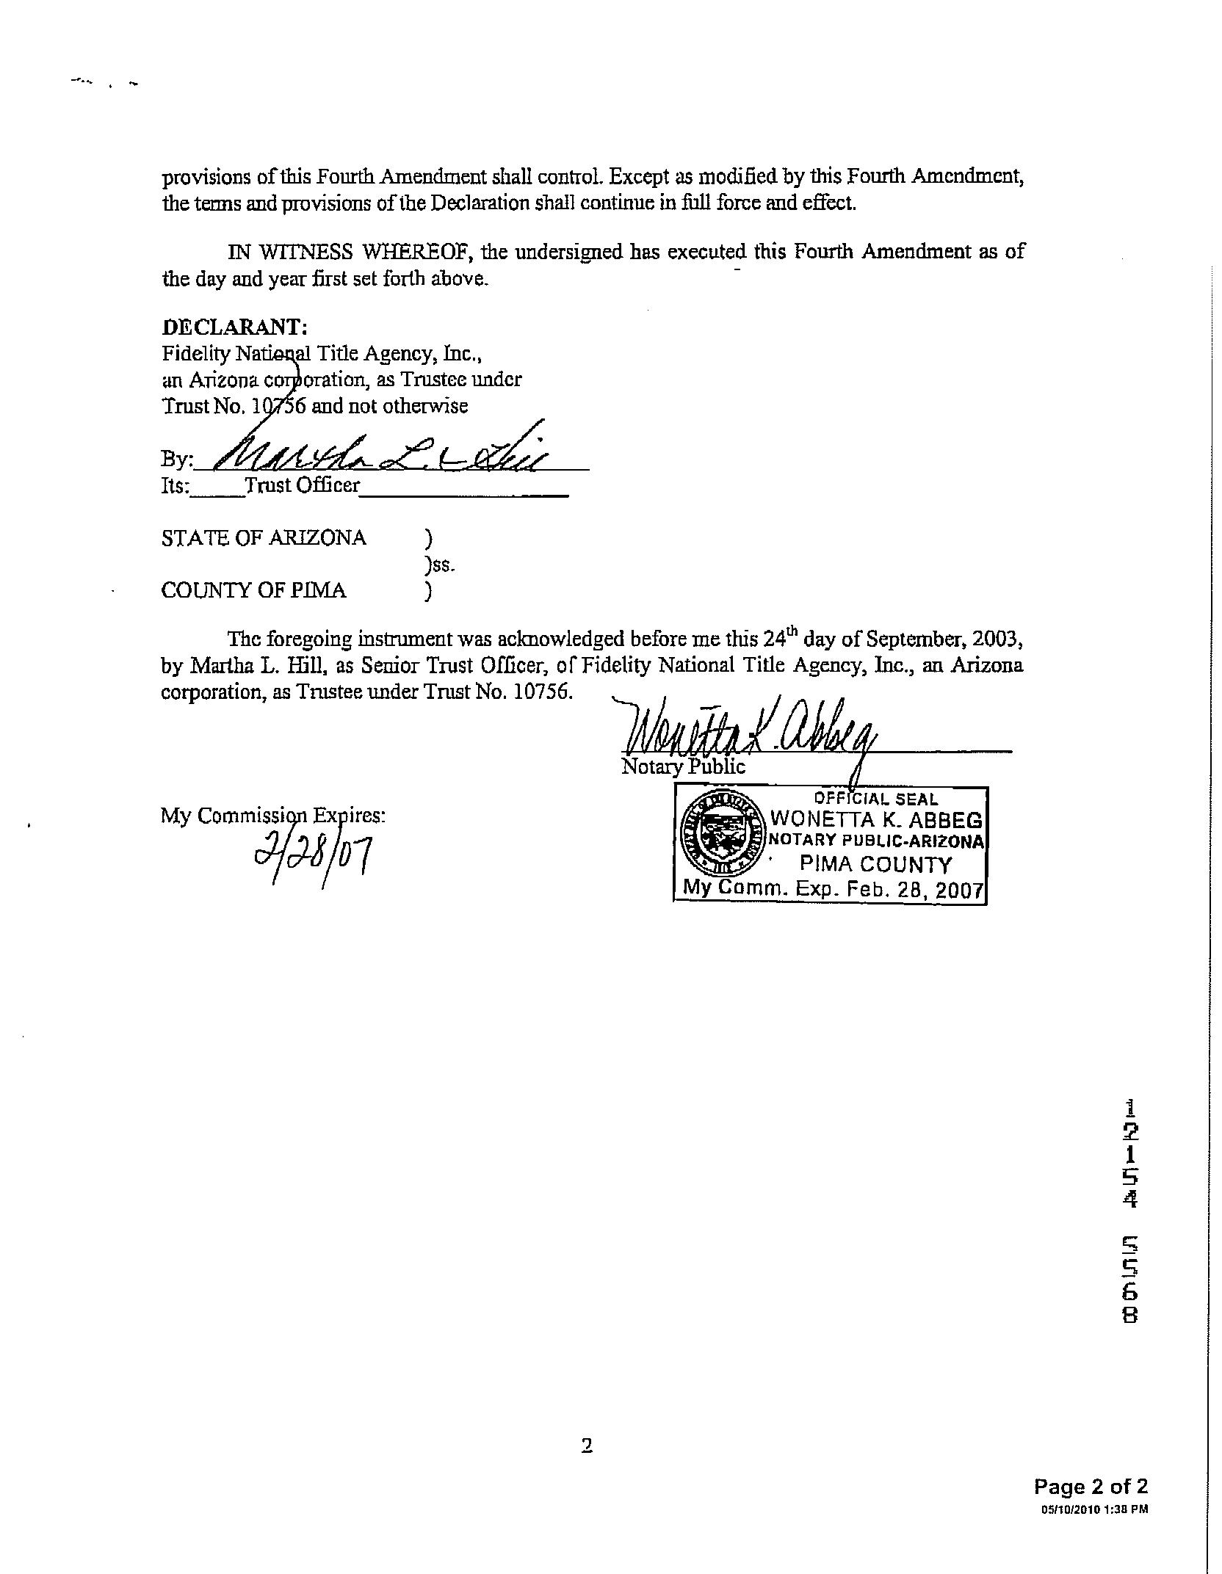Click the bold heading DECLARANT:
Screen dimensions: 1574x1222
click(x=234, y=327)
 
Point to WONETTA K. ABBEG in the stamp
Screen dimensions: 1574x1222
click(x=875, y=819)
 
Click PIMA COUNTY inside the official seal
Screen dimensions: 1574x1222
click(x=875, y=864)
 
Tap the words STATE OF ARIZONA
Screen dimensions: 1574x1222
click(x=264, y=538)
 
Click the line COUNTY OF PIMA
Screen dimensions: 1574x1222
click(x=253, y=590)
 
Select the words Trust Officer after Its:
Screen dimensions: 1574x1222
click(x=303, y=485)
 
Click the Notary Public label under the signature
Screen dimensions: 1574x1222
click(x=683, y=767)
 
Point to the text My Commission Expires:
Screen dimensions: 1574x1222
click(x=273, y=816)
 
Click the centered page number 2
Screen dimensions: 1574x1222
click(x=587, y=1446)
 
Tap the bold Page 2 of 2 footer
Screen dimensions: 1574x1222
click(x=1091, y=1487)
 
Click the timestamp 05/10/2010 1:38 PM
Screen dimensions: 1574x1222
click(x=1094, y=1509)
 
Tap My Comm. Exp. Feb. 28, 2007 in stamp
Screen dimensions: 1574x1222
click(x=833, y=889)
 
